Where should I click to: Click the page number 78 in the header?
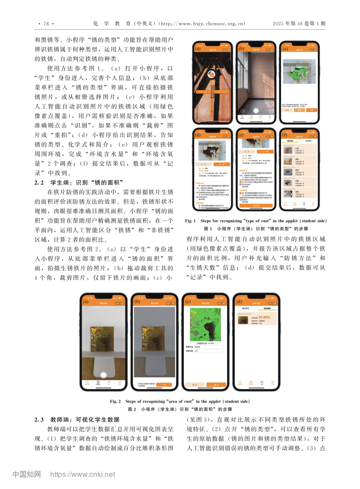pyautogui.click(x=46, y=24)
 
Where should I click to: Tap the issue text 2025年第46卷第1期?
pyautogui.click(x=299, y=23)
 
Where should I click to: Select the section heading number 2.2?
pyautogui.click(x=39, y=182)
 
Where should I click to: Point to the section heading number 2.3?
pyautogui.click(x=39, y=420)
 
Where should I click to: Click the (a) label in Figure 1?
pyautogui.click(x=198, y=48)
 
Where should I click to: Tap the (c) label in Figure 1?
pyautogui.click(x=285, y=48)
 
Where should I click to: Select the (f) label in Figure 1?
pyautogui.click(x=284, y=135)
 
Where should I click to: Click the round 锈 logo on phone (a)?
pyautogui.click(x=211, y=74)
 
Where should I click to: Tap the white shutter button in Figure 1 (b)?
pyautogui.click(x=256, y=110)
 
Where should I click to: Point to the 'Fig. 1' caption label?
pyautogui.click(x=190, y=221)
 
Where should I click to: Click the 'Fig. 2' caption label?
pyautogui.click(x=115, y=401)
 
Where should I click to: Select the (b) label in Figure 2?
pyautogui.click(x=137, y=301)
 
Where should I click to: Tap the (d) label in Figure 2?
pyautogui.click(x=239, y=301)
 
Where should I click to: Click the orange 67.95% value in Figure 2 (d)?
pyautogui.click(x=264, y=318)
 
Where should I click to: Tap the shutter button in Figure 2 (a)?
pyautogui.click(x=103, y=375)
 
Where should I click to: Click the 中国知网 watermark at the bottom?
pyautogui.click(x=27, y=474)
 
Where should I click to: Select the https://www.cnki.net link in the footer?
pyautogui.click(x=83, y=474)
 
